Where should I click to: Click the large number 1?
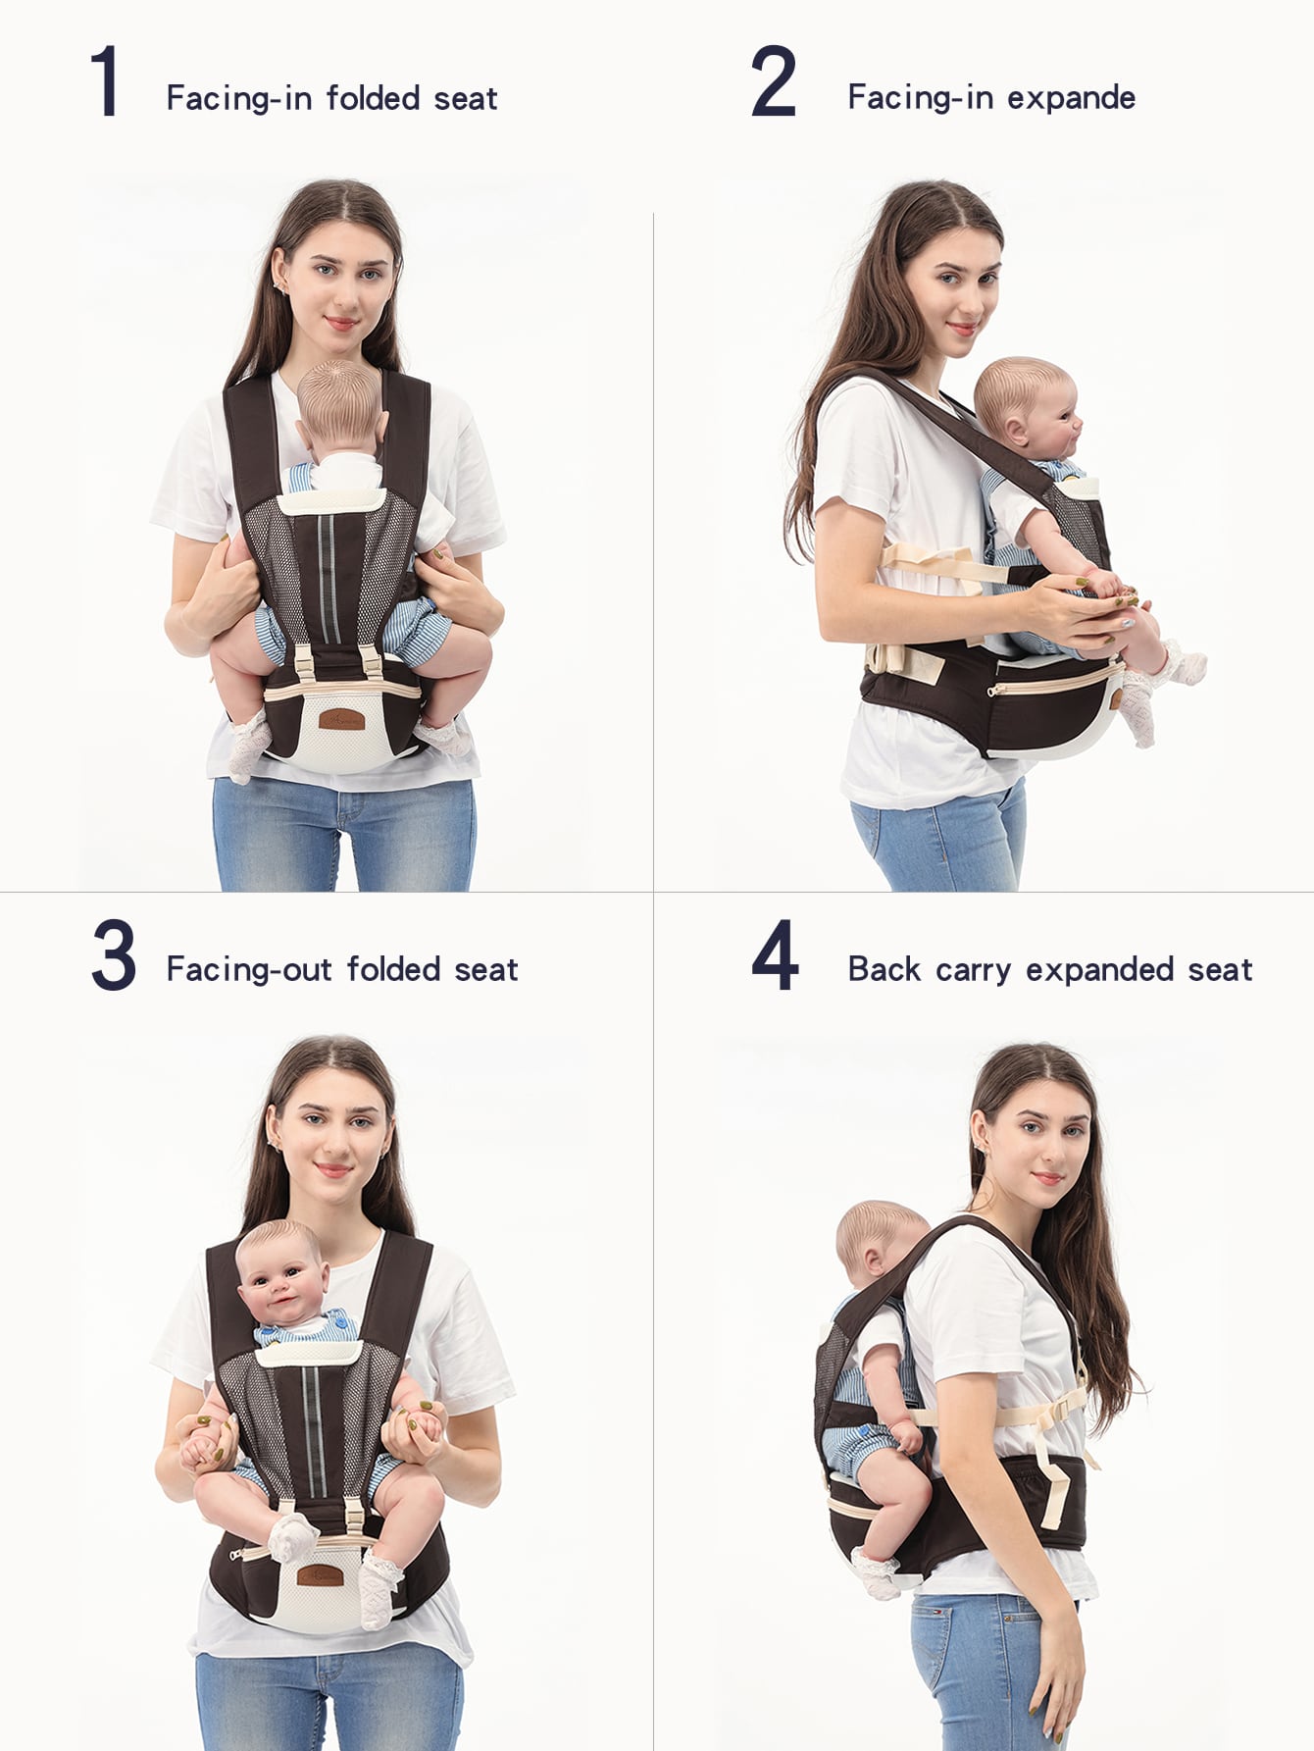click(105, 82)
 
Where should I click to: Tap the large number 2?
click(774, 82)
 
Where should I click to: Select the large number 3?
click(113, 954)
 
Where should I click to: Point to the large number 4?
click(775, 954)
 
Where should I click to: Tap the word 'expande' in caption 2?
click(1072, 97)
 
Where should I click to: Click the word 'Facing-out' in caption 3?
click(249, 969)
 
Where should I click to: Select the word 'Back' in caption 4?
click(884, 969)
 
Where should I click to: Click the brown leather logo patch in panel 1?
click(341, 719)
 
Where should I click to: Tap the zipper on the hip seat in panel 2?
click(1054, 680)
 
